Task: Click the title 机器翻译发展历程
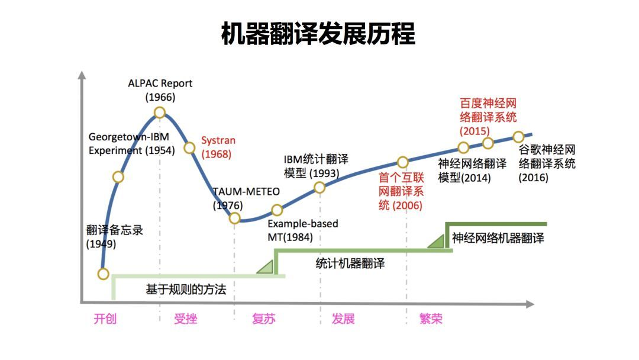coord(318,34)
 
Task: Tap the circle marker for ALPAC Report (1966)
coord(159,112)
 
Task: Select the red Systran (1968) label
coord(218,147)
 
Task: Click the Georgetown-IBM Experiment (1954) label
coord(131,143)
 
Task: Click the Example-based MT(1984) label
coord(302,230)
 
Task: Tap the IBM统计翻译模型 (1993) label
coord(317,166)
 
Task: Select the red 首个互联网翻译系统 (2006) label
coord(402,191)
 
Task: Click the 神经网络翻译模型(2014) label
coord(472,171)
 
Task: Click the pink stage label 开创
coord(105,319)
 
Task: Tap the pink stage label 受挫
coord(185,319)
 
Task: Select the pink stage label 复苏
coord(263,319)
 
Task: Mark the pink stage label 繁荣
coord(430,319)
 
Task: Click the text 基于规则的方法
coord(186,290)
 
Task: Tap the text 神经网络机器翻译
coord(498,238)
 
